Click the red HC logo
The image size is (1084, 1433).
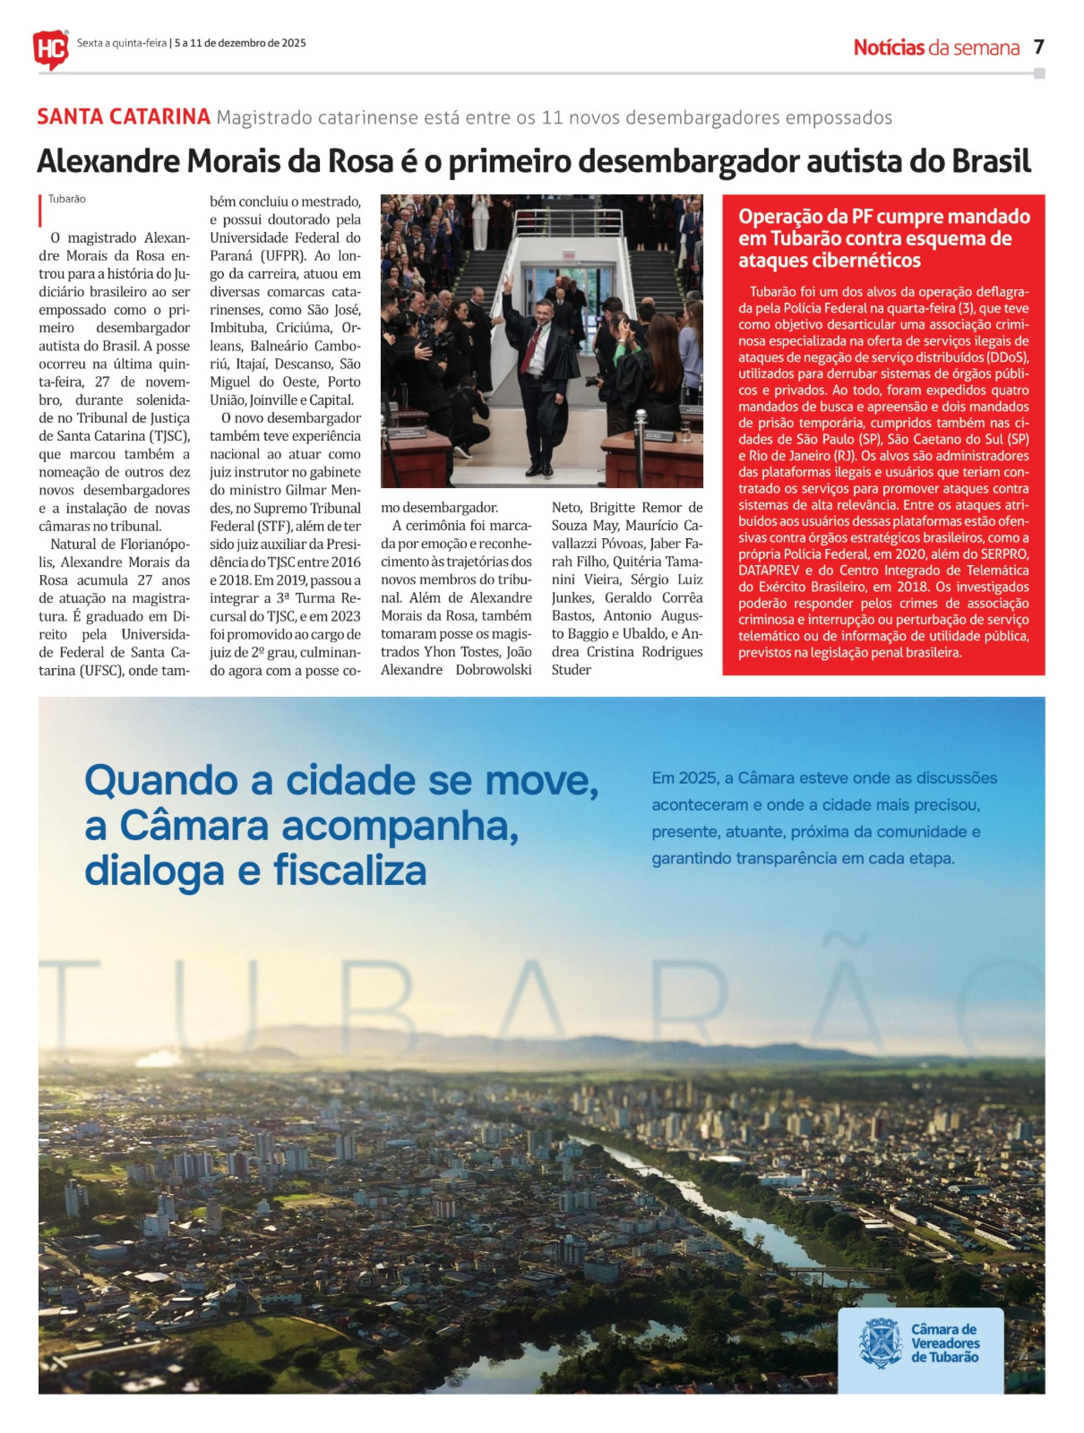(50, 49)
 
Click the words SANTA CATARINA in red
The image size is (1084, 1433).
(123, 117)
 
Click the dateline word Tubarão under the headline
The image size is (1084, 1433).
(67, 199)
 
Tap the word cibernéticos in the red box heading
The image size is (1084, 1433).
(829, 260)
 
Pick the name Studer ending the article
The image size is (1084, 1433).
(571, 670)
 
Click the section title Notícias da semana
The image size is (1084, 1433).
(936, 48)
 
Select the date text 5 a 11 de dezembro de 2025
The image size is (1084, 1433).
(240, 43)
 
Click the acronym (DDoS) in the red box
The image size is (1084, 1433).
(1006, 357)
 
